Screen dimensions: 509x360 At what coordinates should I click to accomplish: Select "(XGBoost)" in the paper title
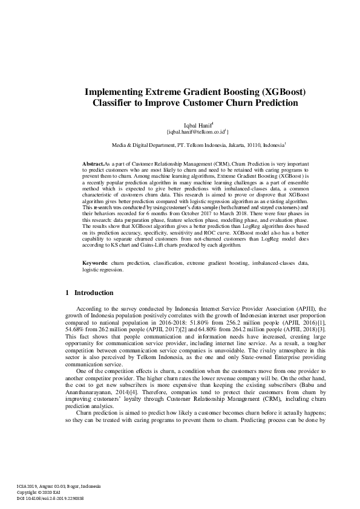tap(284, 92)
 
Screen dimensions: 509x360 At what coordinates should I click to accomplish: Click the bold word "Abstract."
tap(93, 164)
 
